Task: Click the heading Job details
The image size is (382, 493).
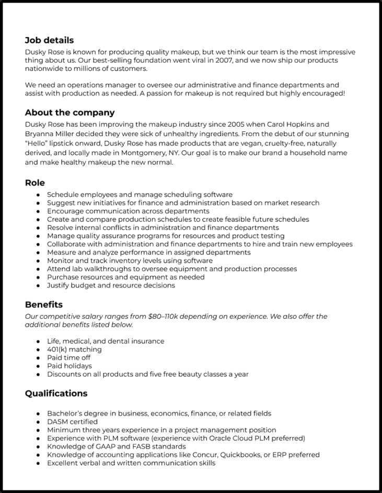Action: [x=49, y=40]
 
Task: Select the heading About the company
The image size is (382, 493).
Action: [x=70, y=113]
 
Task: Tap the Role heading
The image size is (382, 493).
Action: [x=34, y=183]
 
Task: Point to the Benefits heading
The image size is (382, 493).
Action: [x=44, y=305]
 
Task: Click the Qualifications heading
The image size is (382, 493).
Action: [x=56, y=393]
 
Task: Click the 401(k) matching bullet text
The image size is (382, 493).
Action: [x=74, y=350]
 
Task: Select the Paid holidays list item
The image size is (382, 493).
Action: [x=70, y=366]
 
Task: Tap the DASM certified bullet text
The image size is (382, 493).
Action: [x=72, y=422]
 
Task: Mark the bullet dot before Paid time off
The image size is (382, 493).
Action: [x=38, y=358]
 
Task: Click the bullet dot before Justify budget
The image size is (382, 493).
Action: [x=38, y=286]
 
